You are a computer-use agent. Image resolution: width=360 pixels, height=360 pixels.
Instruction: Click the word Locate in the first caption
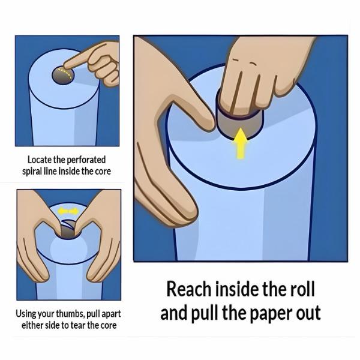click(x=40, y=160)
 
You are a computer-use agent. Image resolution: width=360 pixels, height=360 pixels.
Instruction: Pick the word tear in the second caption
click(x=88, y=326)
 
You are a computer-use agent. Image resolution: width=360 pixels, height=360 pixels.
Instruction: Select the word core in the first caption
click(x=101, y=172)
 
